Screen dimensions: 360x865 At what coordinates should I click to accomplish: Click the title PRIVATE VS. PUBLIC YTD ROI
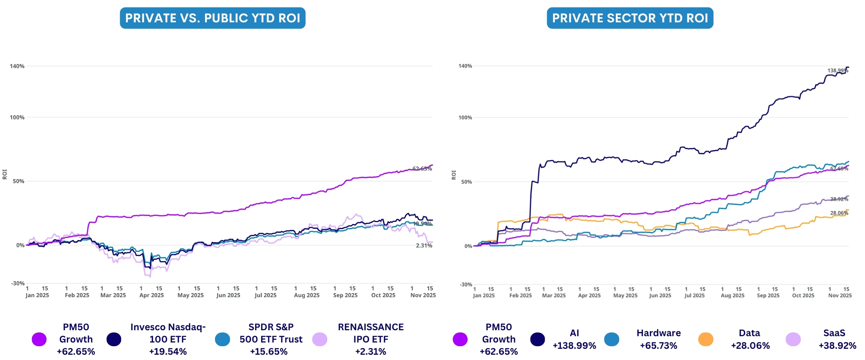(x=213, y=18)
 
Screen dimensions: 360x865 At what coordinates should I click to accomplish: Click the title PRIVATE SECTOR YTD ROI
(x=630, y=18)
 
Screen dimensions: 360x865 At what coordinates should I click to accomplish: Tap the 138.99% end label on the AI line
(x=838, y=71)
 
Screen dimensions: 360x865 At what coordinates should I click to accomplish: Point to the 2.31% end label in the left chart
(x=424, y=246)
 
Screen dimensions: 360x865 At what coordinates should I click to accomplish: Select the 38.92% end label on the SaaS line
(x=839, y=199)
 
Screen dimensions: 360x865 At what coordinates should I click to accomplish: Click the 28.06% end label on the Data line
(x=839, y=213)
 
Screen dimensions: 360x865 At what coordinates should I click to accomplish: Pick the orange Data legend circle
(x=706, y=339)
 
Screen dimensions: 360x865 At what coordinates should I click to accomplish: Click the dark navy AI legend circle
(x=537, y=339)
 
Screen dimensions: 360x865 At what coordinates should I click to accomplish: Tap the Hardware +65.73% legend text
(x=658, y=339)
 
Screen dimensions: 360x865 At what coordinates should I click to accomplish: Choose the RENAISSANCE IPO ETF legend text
(x=370, y=339)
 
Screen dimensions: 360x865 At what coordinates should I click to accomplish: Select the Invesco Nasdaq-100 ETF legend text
(x=168, y=339)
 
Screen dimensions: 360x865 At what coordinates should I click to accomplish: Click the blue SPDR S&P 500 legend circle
(x=222, y=339)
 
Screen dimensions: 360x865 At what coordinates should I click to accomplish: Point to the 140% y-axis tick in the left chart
(x=17, y=66)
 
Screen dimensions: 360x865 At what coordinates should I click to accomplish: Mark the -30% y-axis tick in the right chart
(x=466, y=285)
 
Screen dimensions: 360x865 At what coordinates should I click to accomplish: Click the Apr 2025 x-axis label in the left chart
(x=152, y=295)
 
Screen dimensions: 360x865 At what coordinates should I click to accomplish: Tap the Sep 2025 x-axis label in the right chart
(x=768, y=295)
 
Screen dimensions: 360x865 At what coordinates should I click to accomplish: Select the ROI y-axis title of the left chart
(x=5, y=174)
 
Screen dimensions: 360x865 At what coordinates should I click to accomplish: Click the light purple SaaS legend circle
(x=793, y=339)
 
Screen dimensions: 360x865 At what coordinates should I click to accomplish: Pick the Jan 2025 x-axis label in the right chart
(x=483, y=295)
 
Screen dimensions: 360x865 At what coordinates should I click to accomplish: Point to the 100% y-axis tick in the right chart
(x=465, y=118)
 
